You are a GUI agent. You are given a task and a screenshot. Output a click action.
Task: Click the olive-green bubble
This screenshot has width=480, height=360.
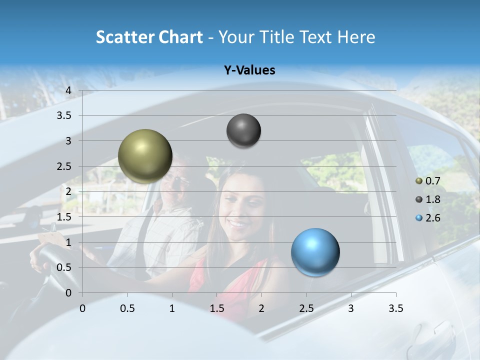(145, 156)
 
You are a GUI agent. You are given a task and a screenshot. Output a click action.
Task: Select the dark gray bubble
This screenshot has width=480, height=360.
(243, 130)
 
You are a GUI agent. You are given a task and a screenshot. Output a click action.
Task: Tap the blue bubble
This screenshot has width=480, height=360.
(315, 252)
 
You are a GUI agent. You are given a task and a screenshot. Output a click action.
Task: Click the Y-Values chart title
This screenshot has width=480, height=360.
(249, 70)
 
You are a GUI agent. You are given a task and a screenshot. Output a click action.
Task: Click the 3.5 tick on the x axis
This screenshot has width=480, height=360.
(395, 308)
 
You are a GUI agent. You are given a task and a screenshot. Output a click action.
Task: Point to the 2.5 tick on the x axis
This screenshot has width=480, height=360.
(306, 308)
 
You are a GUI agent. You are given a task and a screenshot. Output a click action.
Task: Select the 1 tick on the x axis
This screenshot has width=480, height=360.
(172, 308)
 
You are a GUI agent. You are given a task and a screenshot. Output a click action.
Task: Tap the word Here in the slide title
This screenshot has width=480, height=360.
(356, 37)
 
